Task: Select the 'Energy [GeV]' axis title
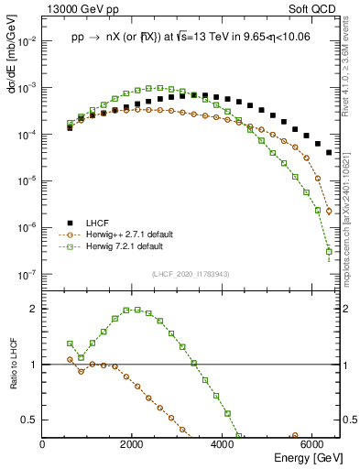click(306, 457)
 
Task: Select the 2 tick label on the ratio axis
click(35, 309)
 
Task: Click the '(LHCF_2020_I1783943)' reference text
click(190, 273)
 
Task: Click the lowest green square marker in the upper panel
click(329, 252)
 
